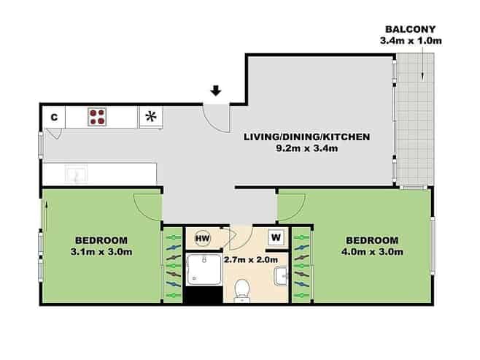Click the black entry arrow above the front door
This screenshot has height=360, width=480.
coord(216,91)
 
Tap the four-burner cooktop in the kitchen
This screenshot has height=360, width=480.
coord(97,117)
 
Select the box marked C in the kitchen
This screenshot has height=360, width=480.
coord(54,117)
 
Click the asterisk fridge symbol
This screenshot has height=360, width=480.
coord(151,117)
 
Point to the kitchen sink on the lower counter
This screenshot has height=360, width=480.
coord(76,174)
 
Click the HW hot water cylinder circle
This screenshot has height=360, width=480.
coord(203,238)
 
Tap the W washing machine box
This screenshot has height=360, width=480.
coord(276,237)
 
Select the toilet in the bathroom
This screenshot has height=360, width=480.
coord(242,290)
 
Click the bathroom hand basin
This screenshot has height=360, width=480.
coord(281,276)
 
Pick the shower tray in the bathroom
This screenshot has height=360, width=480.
coord(204,269)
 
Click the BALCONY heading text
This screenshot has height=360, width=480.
coord(410,29)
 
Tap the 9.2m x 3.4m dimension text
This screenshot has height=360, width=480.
coord(307,148)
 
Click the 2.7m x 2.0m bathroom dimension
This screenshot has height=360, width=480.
coord(251,260)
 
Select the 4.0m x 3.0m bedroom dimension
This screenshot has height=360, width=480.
coord(372,252)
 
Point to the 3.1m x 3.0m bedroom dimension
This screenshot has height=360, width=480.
coord(101,252)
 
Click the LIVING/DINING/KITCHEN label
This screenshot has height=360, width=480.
coord(306,137)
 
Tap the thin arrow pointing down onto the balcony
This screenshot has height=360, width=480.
coord(423,65)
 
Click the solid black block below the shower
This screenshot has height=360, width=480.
coord(204,295)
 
